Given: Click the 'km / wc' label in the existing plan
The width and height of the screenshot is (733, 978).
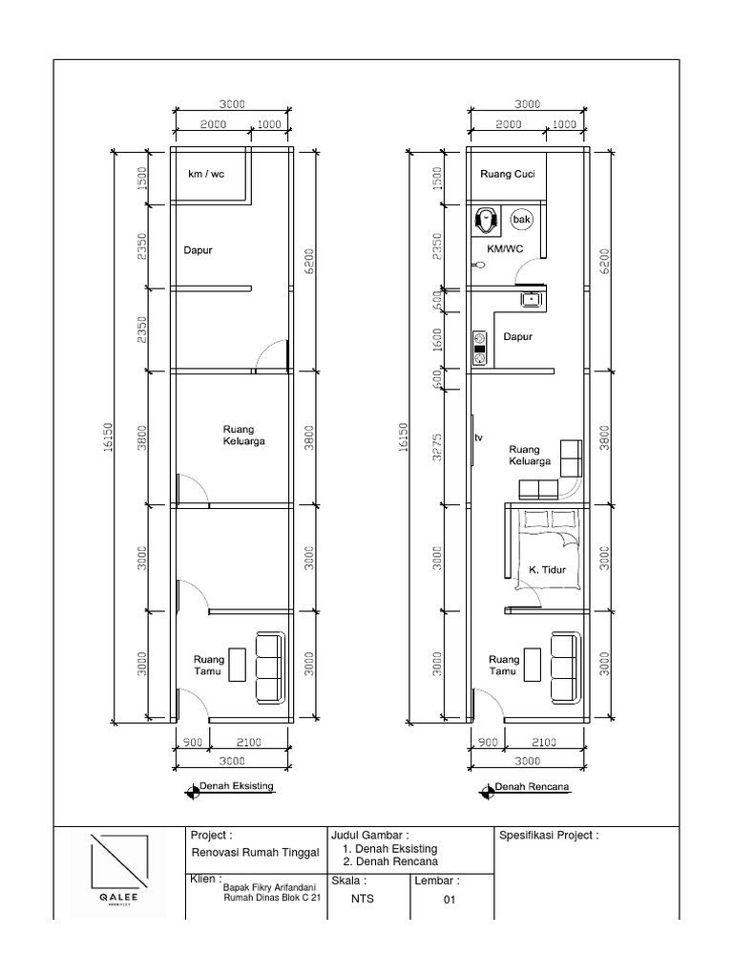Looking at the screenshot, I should [x=205, y=175].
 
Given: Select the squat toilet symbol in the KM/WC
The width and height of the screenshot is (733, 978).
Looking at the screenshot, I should [x=488, y=222].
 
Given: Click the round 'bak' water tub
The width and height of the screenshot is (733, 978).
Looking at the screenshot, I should [x=521, y=220].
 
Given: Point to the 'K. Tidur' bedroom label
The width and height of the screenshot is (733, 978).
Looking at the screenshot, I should [x=548, y=570].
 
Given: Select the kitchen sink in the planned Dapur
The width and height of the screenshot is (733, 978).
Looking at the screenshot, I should [x=531, y=299].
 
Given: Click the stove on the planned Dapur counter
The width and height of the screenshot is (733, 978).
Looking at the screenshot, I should [x=479, y=349].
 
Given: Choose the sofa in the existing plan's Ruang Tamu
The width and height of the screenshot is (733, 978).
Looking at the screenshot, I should [x=270, y=668].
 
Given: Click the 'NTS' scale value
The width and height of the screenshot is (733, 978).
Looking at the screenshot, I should [x=363, y=898].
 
